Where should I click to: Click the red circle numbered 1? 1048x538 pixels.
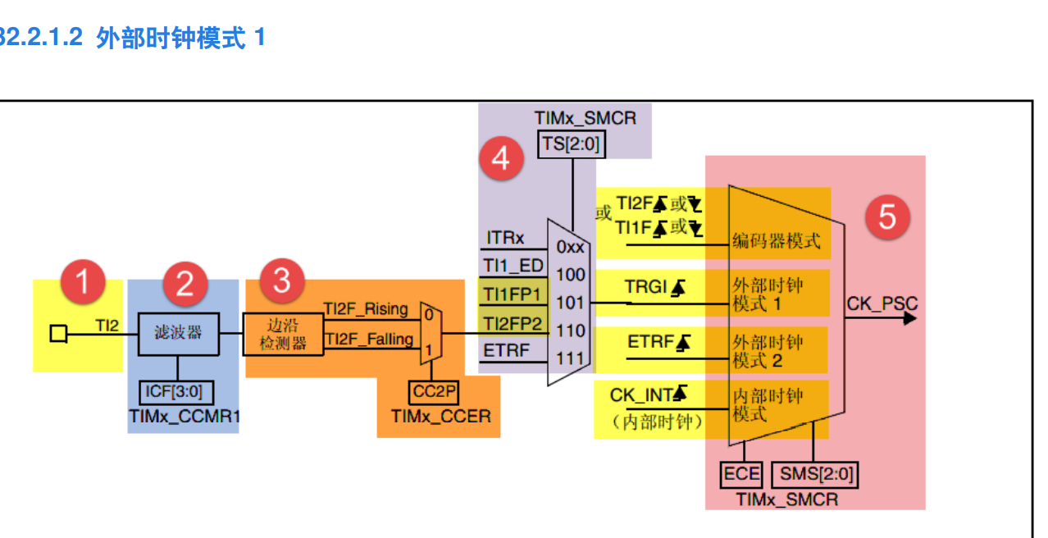coord(81,282)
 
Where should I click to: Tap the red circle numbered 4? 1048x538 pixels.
coord(501,158)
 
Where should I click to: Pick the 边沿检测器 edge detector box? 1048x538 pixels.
coord(283,334)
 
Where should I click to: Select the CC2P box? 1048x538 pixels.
coord(433,391)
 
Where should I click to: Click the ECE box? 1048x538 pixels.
coord(742,474)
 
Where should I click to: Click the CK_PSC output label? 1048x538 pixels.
coord(882,304)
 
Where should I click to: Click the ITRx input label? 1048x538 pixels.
coord(504,238)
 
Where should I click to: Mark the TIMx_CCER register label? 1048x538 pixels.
coord(440,417)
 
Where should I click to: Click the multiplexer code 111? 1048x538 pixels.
coord(570,358)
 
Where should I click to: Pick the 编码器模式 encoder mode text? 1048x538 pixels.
coord(776,240)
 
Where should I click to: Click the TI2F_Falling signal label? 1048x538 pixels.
coord(368,339)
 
